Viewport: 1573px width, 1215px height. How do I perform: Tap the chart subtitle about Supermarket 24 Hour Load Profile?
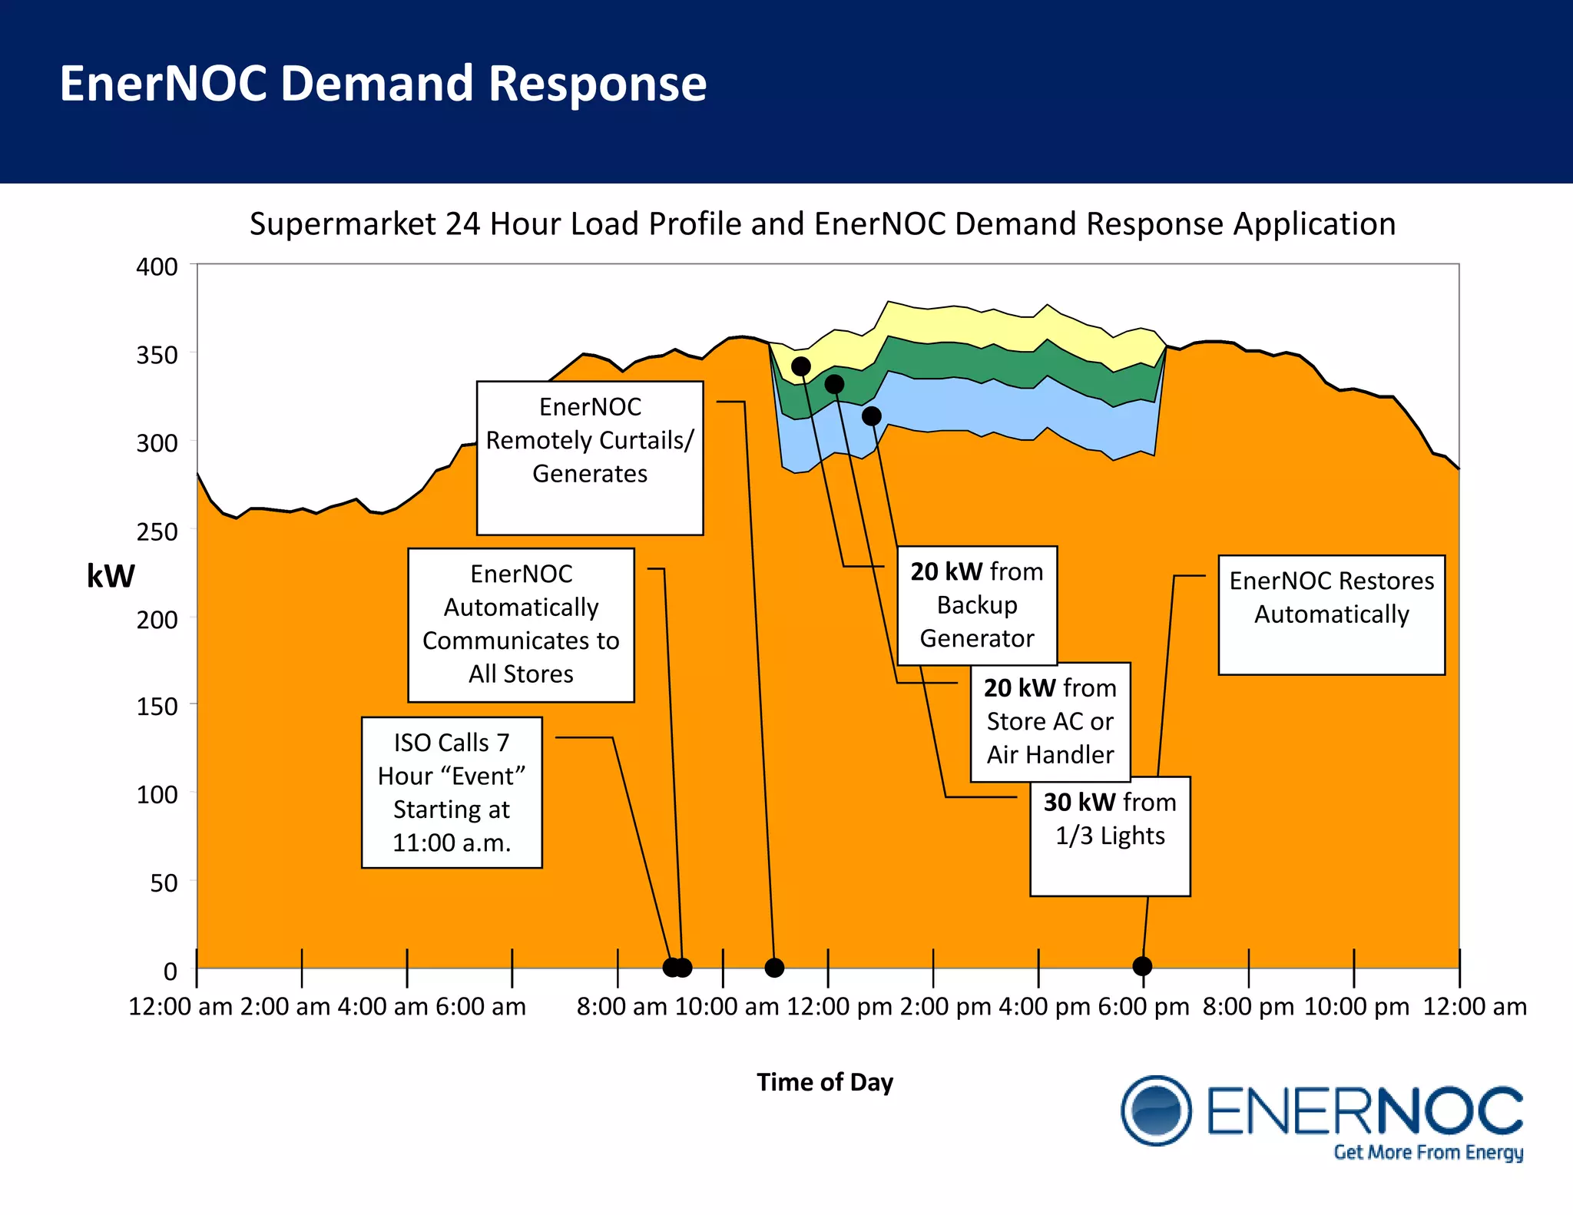822,224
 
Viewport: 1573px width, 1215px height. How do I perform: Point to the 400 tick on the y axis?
157,267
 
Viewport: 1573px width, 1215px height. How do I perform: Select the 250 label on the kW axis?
157,531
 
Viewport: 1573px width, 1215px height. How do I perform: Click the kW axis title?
111,576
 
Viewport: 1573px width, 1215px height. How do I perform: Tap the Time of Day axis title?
824,1082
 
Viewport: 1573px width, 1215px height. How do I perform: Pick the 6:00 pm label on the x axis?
1143,1007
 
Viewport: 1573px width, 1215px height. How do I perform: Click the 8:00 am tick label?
621,1007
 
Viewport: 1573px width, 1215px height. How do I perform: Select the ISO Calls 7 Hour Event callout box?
452,792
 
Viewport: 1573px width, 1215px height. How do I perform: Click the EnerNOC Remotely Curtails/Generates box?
590,457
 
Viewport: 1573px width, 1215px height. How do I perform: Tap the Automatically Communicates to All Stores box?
521,624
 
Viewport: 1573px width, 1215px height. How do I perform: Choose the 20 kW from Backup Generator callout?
977,605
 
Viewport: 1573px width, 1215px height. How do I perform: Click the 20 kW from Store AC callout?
1050,721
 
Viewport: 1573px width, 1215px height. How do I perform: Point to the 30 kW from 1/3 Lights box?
1110,835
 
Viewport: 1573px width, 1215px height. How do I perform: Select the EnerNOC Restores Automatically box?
1331,614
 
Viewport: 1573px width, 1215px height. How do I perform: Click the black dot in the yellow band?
801,366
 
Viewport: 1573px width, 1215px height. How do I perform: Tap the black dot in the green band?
834,384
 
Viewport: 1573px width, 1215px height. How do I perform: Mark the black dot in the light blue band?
871,416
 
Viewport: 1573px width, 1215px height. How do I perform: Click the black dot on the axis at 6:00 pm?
1142,966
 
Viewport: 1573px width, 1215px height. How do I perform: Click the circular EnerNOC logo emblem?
1156,1111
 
